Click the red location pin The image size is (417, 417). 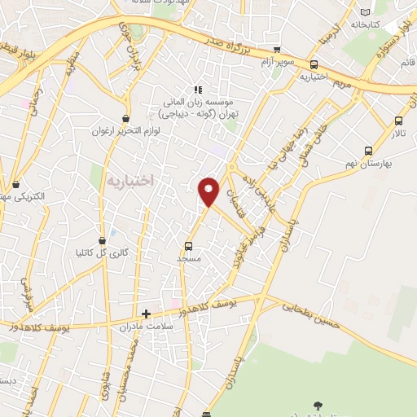[x=210, y=191]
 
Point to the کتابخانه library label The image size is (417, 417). [x=367, y=24]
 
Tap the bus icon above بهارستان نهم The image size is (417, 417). [x=369, y=151]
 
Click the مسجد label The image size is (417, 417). [x=189, y=258]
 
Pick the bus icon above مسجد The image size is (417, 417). [x=189, y=245]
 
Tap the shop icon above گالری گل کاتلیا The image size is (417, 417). [x=103, y=240]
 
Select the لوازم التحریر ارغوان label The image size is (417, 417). [x=122, y=130]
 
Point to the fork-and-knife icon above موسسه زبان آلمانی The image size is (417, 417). [x=196, y=90]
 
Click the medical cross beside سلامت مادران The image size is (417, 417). [x=147, y=313]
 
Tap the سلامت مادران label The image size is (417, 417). [x=147, y=327]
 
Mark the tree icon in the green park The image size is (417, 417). [x=317, y=404]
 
